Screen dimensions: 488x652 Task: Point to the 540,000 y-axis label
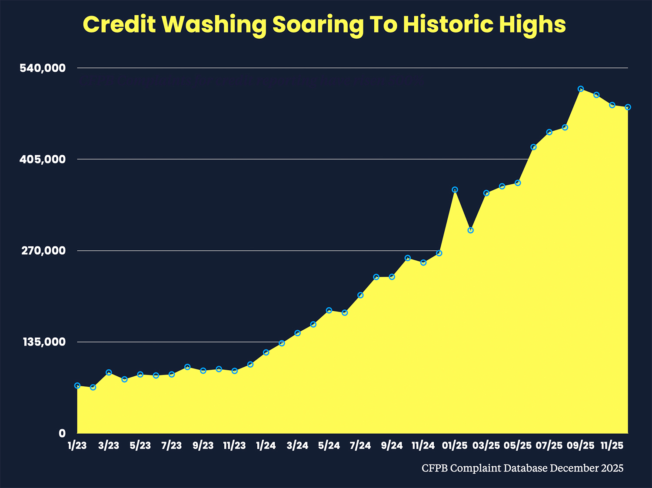tap(43, 68)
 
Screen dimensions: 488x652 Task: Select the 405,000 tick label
tap(43, 159)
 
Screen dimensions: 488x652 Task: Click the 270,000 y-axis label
tap(43, 251)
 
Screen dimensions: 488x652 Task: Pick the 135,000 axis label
tap(43, 342)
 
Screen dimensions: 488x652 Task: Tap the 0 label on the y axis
tap(62, 433)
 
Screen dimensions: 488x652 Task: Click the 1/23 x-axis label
tap(77, 446)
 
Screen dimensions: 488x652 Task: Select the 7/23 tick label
tap(172, 446)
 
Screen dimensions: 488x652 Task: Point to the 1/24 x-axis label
tap(266, 446)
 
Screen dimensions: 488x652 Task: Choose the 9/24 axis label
tap(392, 446)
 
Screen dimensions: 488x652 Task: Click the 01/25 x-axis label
tap(455, 446)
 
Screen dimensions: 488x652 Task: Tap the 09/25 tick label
tap(580, 446)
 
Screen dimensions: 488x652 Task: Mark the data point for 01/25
tap(455, 190)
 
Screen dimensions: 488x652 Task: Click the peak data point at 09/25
tap(580, 89)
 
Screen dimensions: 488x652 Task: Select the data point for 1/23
tap(77, 385)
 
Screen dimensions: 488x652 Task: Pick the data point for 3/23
tap(109, 372)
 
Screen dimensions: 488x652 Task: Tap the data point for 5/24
tap(329, 310)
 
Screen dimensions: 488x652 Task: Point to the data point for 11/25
tap(612, 105)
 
